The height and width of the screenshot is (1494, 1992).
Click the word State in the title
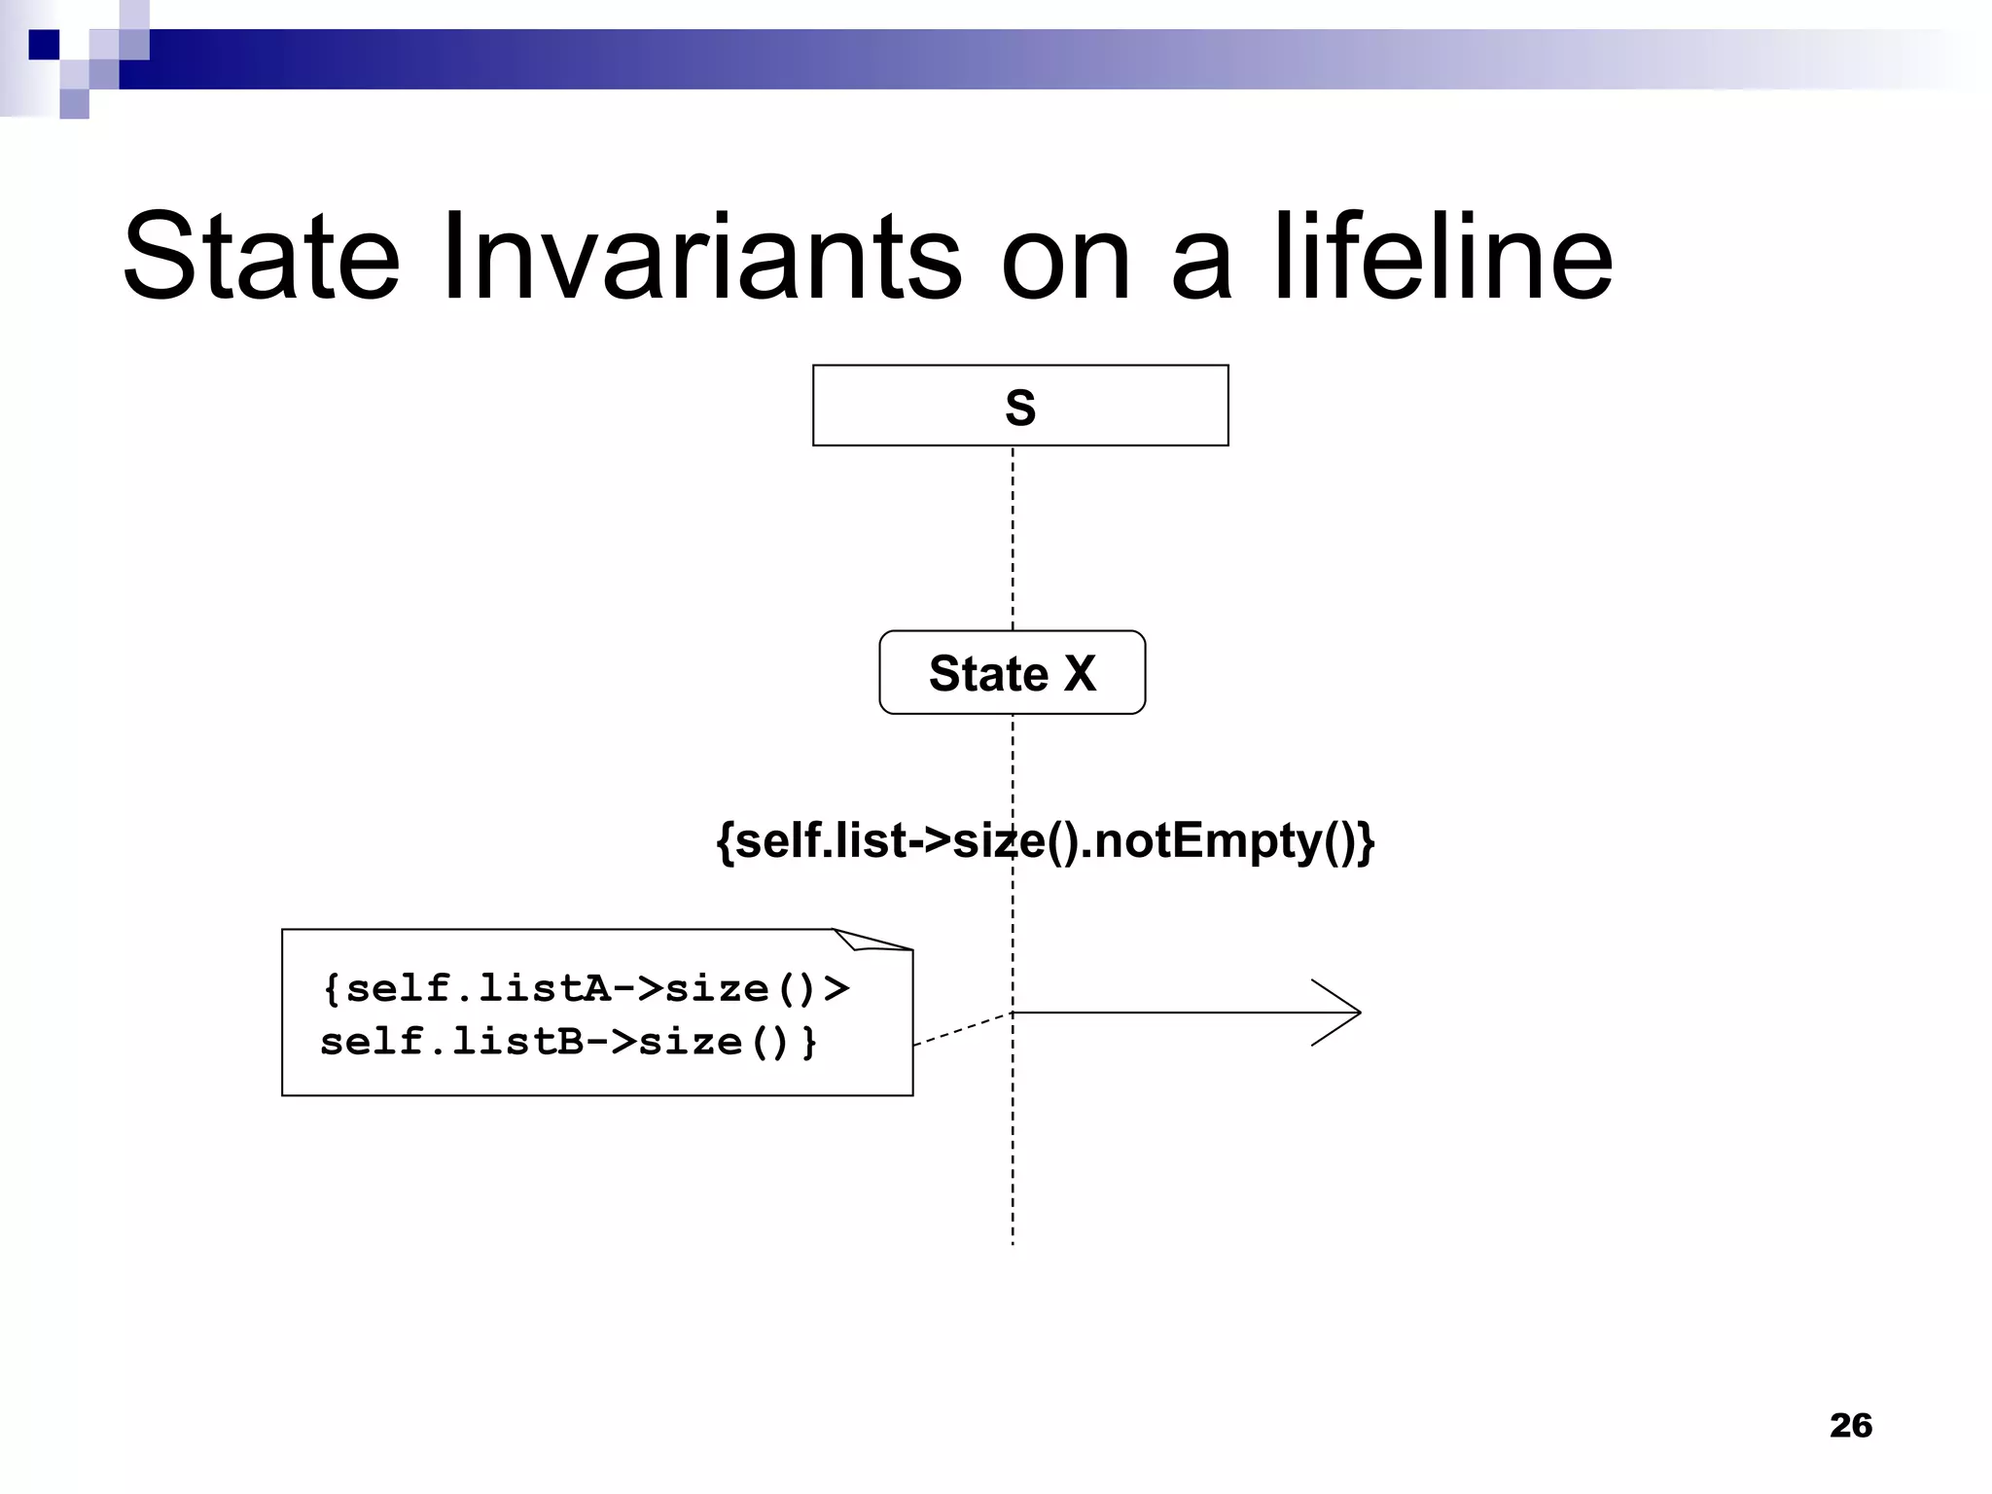tap(261, 258)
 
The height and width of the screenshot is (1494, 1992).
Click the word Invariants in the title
tap(701, 258)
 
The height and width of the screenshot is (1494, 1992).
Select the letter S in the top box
tap(1019, 408)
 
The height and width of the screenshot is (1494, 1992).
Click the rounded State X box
tap(1012, 672)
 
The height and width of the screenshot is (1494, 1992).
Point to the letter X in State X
tap(1080, 673)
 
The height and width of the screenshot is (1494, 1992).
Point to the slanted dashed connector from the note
tap(963, 1029)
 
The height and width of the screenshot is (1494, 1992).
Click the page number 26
tap(1850, 1425)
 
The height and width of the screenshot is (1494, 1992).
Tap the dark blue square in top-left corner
tap(44, 44)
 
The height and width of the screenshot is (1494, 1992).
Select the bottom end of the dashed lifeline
tap(1013, 1239)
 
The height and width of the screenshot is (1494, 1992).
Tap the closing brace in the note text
tap(809, 1043)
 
